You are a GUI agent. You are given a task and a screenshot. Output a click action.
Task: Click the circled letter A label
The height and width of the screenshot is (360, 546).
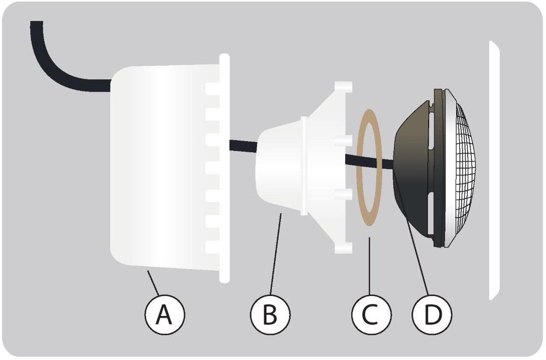tap(164, 314)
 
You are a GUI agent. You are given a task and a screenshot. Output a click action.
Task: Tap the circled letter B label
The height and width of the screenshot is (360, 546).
tap(270, 314)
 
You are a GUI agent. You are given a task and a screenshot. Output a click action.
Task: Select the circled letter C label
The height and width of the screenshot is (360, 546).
tap(371, 314)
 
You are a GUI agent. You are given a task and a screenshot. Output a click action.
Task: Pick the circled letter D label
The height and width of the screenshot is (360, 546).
tap(432, 314)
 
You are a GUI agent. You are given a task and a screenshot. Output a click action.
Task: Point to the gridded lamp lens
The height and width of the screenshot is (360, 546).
tap(462, 169)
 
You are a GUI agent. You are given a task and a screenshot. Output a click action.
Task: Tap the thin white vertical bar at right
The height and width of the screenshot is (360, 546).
tap(494, 170)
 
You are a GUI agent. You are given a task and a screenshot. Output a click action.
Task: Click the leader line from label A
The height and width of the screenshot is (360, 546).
tap(153, 282)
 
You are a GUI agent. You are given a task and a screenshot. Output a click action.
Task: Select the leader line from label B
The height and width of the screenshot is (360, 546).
tap(276, 254)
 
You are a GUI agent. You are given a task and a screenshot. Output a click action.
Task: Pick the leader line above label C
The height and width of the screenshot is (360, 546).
tap(370, 266)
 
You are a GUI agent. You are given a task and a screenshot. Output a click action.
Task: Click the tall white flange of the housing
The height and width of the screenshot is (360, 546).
tap(225, 168)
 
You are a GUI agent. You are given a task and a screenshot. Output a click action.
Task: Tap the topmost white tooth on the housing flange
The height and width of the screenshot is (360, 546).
tap(213, 88)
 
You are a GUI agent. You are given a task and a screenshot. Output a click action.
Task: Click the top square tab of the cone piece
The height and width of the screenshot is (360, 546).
tap(344, 87)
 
